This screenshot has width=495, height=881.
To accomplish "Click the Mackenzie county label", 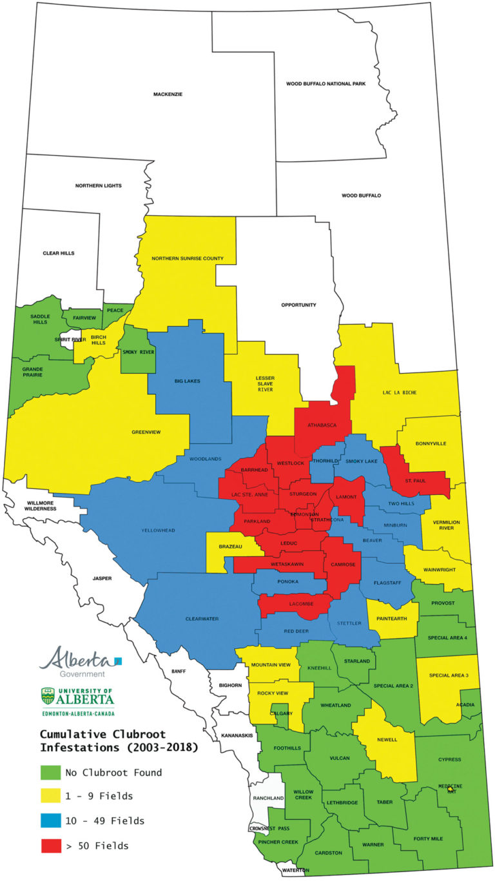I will [x=168, y=94].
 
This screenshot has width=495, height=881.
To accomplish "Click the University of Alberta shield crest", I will [x=48, y=695].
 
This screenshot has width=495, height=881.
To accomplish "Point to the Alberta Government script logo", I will [x=75, y=659].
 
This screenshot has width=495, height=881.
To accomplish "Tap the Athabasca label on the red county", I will [x=320, y=425].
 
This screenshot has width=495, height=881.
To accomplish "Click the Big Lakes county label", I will [x=188, y=381].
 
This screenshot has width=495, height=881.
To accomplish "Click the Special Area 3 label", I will [x=449, y=674].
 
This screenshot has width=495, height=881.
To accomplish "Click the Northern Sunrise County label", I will [x=188, y=258].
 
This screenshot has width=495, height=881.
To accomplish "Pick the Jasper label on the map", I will [x=102, y=579].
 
